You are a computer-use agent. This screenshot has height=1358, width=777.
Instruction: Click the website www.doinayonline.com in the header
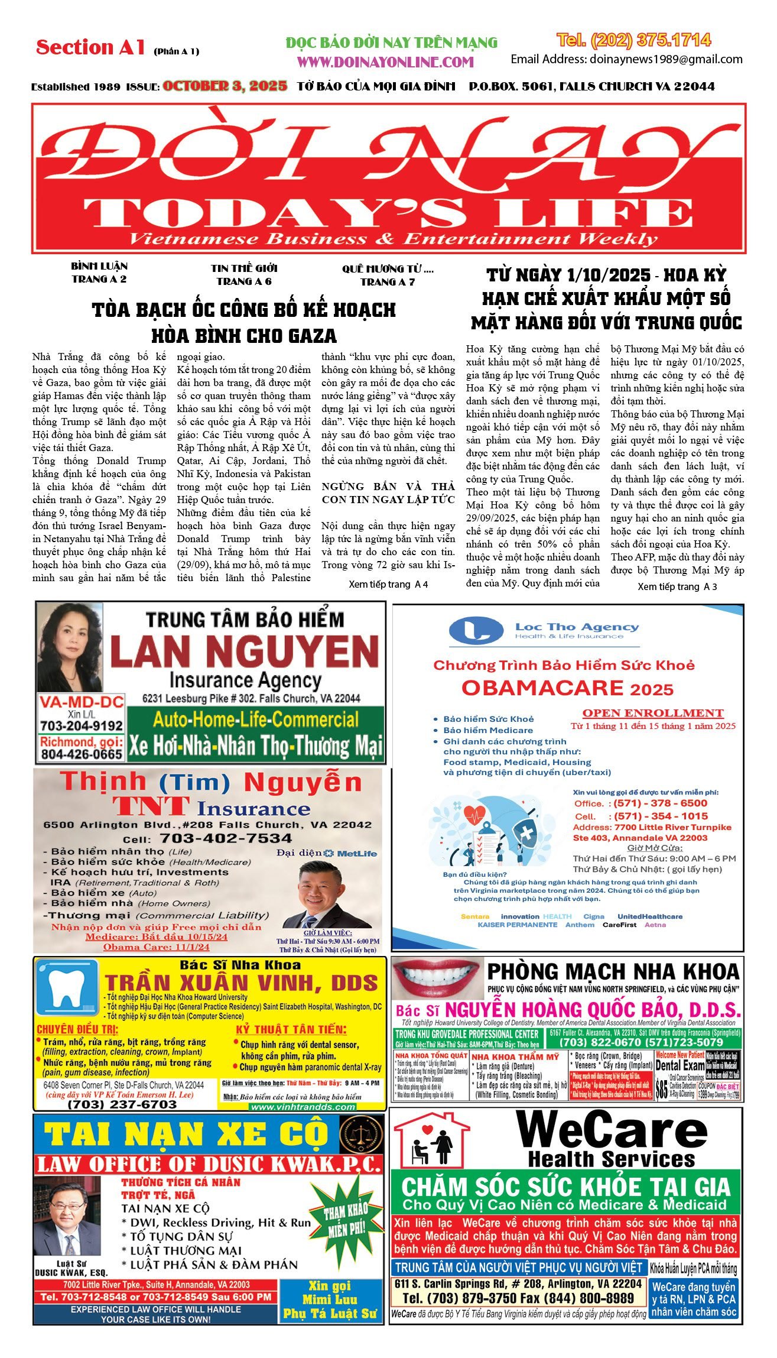(385, 62)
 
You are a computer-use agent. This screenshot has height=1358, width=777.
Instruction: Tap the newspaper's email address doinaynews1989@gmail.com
(665, 59)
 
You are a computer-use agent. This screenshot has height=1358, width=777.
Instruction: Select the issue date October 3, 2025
(225, 86)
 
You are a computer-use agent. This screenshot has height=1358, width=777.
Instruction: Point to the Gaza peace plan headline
(244, 322)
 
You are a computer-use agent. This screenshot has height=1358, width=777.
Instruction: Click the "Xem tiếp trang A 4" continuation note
(388, 584)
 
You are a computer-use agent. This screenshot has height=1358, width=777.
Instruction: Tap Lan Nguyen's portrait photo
(70, 647)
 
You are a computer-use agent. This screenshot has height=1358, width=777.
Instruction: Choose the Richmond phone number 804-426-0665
(82, 754)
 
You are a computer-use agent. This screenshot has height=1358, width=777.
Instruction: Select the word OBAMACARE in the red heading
(542, 688)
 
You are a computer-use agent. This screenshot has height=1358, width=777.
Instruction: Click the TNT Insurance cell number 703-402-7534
(226, 838)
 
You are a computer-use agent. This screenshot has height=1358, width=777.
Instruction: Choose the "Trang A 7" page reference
(388, 282)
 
